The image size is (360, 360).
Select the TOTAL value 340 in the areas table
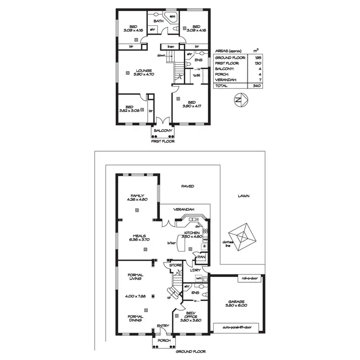(x=256, y=85)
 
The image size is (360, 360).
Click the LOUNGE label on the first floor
(x=131, y=70)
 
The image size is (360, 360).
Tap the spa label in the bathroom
(x=173, y=17)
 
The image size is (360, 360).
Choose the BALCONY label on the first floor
(x=161, y=131)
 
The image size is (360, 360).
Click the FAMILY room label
(x=137, y=195)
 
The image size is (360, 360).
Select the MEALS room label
(x=138, y=235)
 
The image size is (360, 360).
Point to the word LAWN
(x=244, y=196)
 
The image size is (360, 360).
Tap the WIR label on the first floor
(x=196, y=76)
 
